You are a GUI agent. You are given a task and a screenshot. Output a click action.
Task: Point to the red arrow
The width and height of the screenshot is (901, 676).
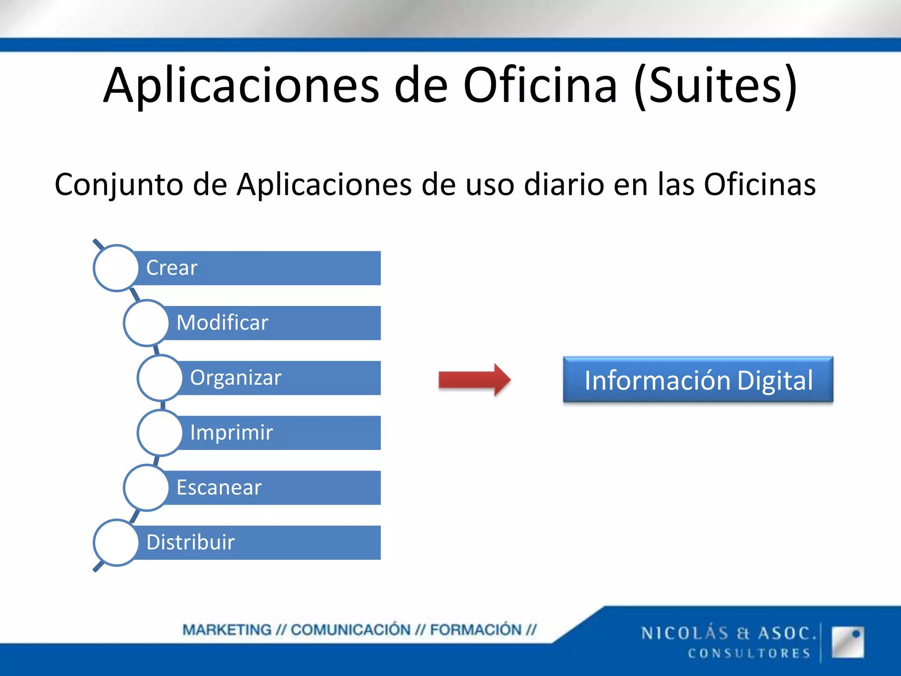pos(474,379)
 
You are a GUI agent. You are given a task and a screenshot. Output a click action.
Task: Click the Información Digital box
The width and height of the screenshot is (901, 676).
pos(698,380)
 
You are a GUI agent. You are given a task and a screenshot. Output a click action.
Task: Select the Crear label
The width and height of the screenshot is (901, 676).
pos(172,268)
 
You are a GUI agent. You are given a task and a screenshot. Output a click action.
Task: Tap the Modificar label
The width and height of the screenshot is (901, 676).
pos(222,323)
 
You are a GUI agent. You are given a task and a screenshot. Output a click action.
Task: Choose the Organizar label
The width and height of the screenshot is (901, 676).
pos(235,378)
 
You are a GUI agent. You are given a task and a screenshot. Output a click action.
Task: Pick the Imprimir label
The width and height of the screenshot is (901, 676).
pos(231,432)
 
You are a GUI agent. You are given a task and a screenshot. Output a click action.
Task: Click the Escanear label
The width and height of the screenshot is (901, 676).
pos(219,488)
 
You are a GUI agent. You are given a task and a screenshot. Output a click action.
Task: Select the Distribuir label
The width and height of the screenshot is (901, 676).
pos(190,542)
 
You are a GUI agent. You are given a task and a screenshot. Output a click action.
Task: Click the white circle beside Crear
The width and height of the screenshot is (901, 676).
pos(116,268)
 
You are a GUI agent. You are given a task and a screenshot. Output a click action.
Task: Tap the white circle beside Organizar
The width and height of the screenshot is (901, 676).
pos(160,378)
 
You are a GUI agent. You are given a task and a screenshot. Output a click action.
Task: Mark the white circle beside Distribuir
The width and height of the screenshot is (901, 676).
pos(116,542)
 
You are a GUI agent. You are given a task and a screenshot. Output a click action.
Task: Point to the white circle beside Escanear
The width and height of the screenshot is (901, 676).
pos(147,488)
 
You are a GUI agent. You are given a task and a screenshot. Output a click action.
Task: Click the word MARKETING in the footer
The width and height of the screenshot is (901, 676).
pos(227,630)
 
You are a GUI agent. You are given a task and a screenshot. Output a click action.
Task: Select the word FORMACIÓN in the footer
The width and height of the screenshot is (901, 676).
pos(476,630)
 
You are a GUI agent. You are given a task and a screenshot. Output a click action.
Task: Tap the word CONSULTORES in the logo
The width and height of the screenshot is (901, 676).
pos(749,653)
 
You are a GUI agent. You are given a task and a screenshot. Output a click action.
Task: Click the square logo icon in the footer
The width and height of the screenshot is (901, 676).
pos(847,642)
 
